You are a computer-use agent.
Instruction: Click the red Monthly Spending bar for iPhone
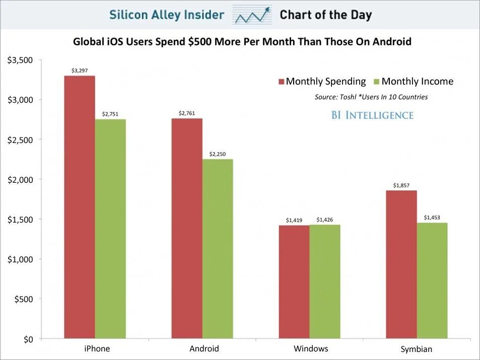tap(80, 206)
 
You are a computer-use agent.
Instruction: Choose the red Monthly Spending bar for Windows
tap(294, 281)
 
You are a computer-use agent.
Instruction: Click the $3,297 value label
tap(80, 71)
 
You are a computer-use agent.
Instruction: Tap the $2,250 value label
tap(218, 155)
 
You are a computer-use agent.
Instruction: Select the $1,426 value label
tap(325, 220)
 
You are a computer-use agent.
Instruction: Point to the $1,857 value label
tap(401, 186)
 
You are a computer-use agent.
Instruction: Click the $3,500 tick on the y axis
tap(20, 60)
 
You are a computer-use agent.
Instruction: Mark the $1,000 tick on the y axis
tap(20, 259)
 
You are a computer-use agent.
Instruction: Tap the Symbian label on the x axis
tap(417, 349)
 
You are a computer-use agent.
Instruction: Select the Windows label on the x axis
tap(311, 348)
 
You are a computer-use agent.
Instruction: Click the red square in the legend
tap(282, 82)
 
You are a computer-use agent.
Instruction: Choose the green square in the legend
tap(377, 82)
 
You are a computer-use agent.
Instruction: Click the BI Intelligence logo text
tap(372, 115)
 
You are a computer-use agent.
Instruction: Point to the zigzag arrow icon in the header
tap(252, 15)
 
